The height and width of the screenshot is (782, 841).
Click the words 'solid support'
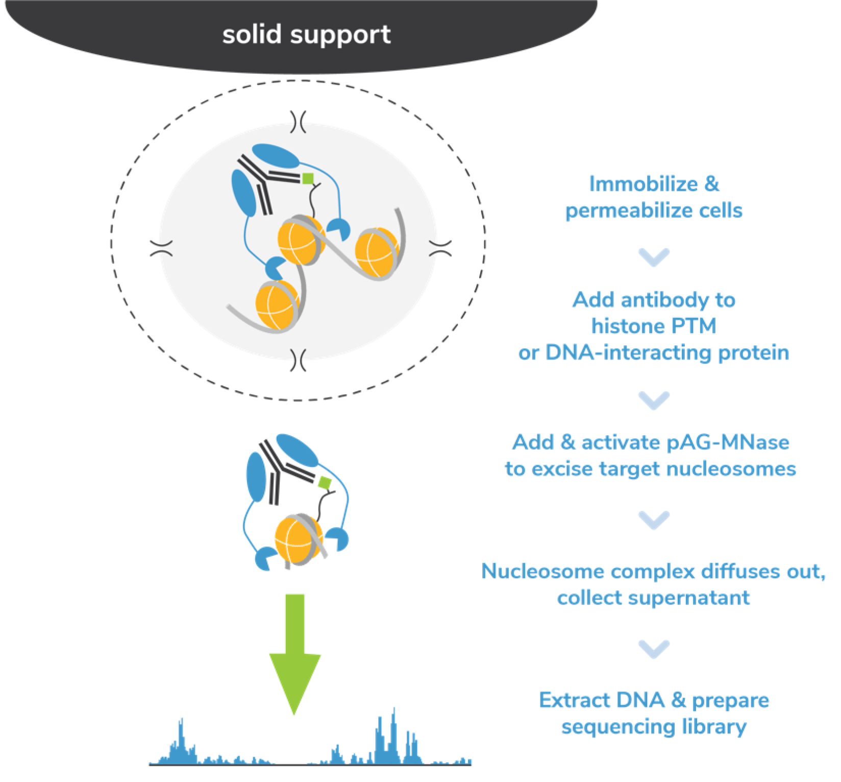click(306, 35)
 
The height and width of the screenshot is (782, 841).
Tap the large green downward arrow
click(294, 654)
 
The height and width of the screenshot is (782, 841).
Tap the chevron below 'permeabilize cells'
click(654, 257)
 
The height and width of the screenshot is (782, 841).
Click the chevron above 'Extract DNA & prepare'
click(654, 649)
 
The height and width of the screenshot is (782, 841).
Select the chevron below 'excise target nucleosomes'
click(654, 520)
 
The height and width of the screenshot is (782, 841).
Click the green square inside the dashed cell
click(308, 179)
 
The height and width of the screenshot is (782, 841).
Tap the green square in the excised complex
click(325, 482)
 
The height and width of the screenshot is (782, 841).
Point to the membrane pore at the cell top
click(298, 122)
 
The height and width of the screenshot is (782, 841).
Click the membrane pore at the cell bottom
click(298, 360)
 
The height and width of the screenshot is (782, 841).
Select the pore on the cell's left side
click(161, 248)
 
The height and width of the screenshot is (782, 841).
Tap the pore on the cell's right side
click(440, 248)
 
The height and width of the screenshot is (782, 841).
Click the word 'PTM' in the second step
click(695, 326)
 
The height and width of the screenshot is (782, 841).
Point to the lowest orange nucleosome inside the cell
click(277, 305)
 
